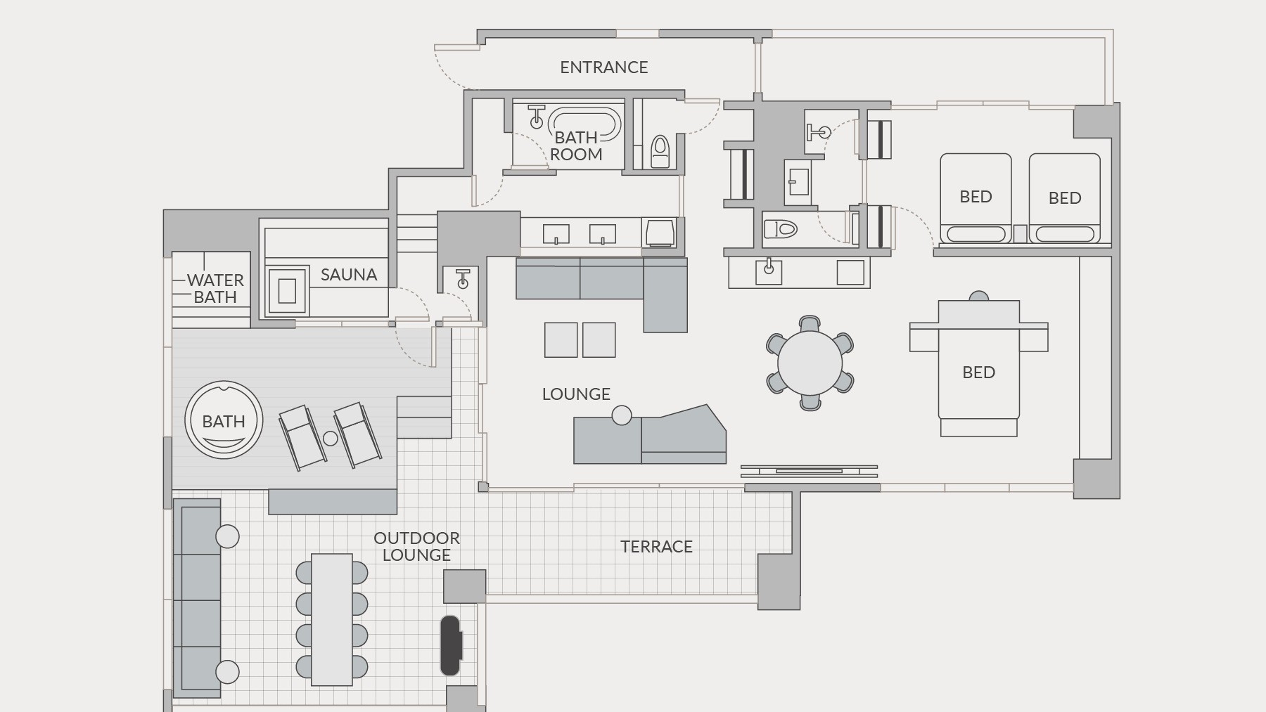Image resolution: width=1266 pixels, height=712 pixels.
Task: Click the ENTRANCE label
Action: [603, 67]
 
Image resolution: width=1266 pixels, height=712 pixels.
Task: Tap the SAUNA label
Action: [349, 275]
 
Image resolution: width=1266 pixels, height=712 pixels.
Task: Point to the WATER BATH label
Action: [215, 289]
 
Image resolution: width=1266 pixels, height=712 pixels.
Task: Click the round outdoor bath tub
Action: [224, 420]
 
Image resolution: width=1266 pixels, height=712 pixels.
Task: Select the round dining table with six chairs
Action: [810, 363]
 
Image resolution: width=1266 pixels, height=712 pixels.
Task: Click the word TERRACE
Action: [656, 547]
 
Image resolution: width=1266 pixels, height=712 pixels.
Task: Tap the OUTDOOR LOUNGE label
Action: [416, 546]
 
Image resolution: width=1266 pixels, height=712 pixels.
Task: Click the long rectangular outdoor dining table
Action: [332, 619]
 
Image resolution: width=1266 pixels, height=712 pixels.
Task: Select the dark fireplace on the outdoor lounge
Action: [451, 645]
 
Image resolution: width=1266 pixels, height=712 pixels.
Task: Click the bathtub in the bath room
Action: [584, 125]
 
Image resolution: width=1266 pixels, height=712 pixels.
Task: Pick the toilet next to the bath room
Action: [660, 151]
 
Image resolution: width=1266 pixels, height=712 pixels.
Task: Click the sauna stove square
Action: [287, 290]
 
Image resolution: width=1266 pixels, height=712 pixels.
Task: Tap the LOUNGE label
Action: [576, 394]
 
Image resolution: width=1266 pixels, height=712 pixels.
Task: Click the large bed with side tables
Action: [978, 366]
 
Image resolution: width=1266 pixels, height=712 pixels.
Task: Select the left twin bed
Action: [976, 198]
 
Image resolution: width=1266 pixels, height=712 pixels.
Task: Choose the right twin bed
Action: [1064, 198]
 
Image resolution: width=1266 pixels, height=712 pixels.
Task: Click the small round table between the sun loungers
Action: [331, 439]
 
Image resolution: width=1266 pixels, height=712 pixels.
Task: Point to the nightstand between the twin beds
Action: [1020, 233]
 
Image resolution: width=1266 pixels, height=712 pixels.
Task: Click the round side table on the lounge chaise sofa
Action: [622, 415]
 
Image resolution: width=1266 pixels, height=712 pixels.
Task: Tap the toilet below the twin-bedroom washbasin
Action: [780, 229]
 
